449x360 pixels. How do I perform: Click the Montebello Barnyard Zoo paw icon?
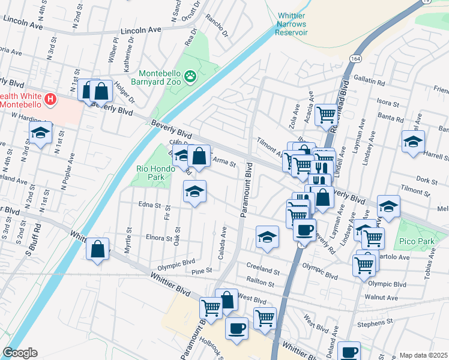190,76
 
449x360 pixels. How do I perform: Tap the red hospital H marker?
50,98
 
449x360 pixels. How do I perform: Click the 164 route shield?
356,57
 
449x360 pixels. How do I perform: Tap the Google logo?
20,353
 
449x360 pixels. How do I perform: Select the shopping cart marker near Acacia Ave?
326,114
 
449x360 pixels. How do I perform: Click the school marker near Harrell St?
413,142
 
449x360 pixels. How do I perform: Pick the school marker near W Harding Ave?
40,133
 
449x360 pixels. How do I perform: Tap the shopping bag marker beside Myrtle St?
98,248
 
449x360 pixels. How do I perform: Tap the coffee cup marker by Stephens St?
349,351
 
